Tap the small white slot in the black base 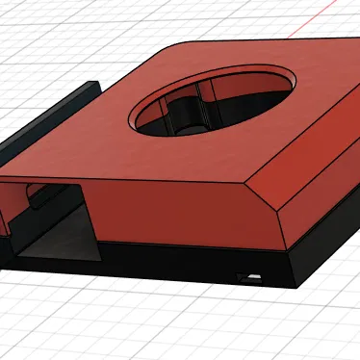click(x=252, y=278)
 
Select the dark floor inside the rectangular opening click(x=58, y=245)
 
